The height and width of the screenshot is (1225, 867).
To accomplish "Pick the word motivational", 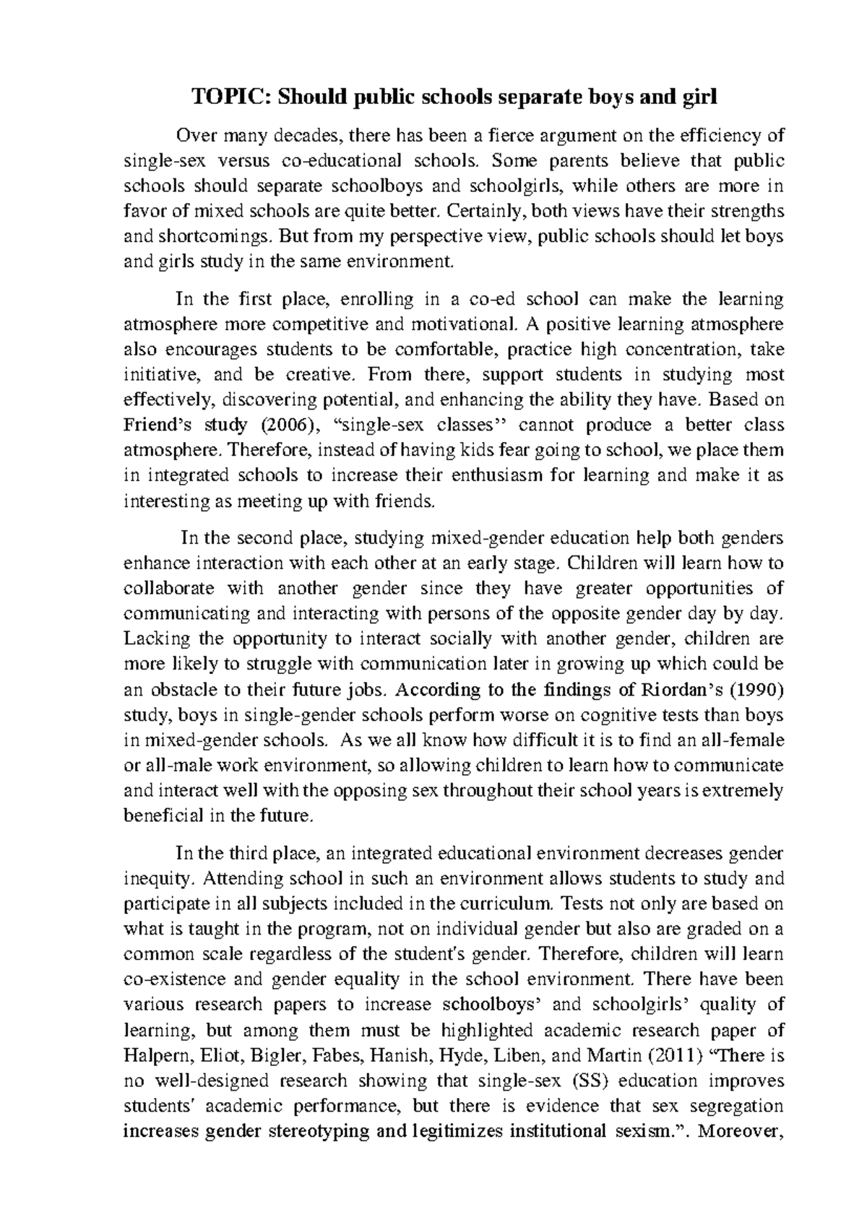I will point(464,324).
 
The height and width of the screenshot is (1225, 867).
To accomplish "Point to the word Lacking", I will point(158,639).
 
